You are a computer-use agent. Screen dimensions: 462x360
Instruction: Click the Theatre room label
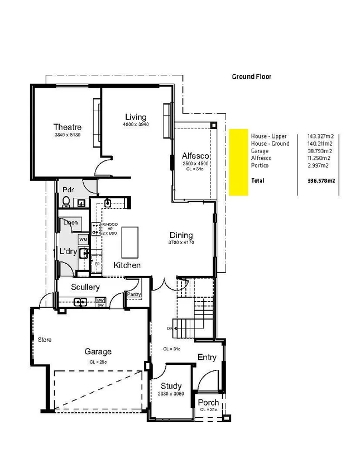click(x=68, y=127)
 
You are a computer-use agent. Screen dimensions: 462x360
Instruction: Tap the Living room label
click(x=135, y=117)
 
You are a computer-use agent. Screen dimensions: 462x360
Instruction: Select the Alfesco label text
click(x=195, y=156)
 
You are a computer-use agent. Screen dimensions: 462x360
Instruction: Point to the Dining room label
click(x=181, y=235)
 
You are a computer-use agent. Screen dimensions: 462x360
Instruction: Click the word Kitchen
click(x=127, y=265)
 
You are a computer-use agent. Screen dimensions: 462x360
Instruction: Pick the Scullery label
click(x=85, y=287)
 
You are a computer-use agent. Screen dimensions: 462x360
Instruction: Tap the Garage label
click(x=98, y=351)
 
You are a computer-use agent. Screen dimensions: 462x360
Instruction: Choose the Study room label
click(x=171, y=386)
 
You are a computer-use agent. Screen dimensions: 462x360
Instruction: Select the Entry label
click(x=207, y=358)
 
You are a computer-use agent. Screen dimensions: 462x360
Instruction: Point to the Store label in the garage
click(x=45, y=339)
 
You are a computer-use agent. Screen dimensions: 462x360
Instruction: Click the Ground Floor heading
click(x=251, y=77)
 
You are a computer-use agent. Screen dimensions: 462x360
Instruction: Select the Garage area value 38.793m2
click(x=320, y=151)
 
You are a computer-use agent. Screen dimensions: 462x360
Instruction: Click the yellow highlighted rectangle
click(x=238, y=162)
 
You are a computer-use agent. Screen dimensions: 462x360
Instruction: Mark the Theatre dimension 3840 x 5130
click(x=68, y=135)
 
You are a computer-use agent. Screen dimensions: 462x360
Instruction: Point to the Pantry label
click(x=134, y=294)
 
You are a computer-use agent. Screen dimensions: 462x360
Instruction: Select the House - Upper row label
click(x=268, y=136)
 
